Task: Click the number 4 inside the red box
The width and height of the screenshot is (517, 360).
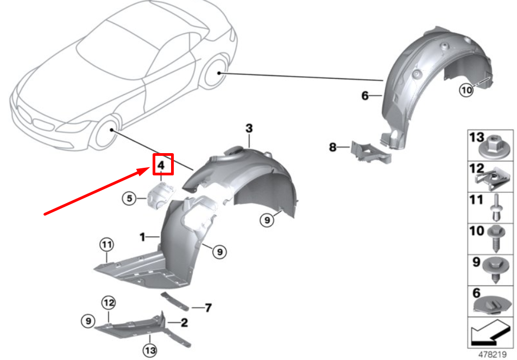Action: coord(161,163)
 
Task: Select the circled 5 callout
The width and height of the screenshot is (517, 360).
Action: coord(128,199)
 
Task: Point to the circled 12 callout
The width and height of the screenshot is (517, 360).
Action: coord(109,302)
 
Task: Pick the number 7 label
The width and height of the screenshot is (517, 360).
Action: coord(207,308)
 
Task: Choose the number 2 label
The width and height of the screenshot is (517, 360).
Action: coord(185,323)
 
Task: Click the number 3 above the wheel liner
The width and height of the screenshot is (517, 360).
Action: coord(249,129)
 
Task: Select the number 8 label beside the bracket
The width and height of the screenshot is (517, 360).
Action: coord(332,147)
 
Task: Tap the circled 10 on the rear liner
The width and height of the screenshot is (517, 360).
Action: coord(466,91)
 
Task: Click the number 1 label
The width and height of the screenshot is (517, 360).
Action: coord(142,237)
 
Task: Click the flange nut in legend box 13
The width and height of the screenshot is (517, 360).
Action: coord(495,146)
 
